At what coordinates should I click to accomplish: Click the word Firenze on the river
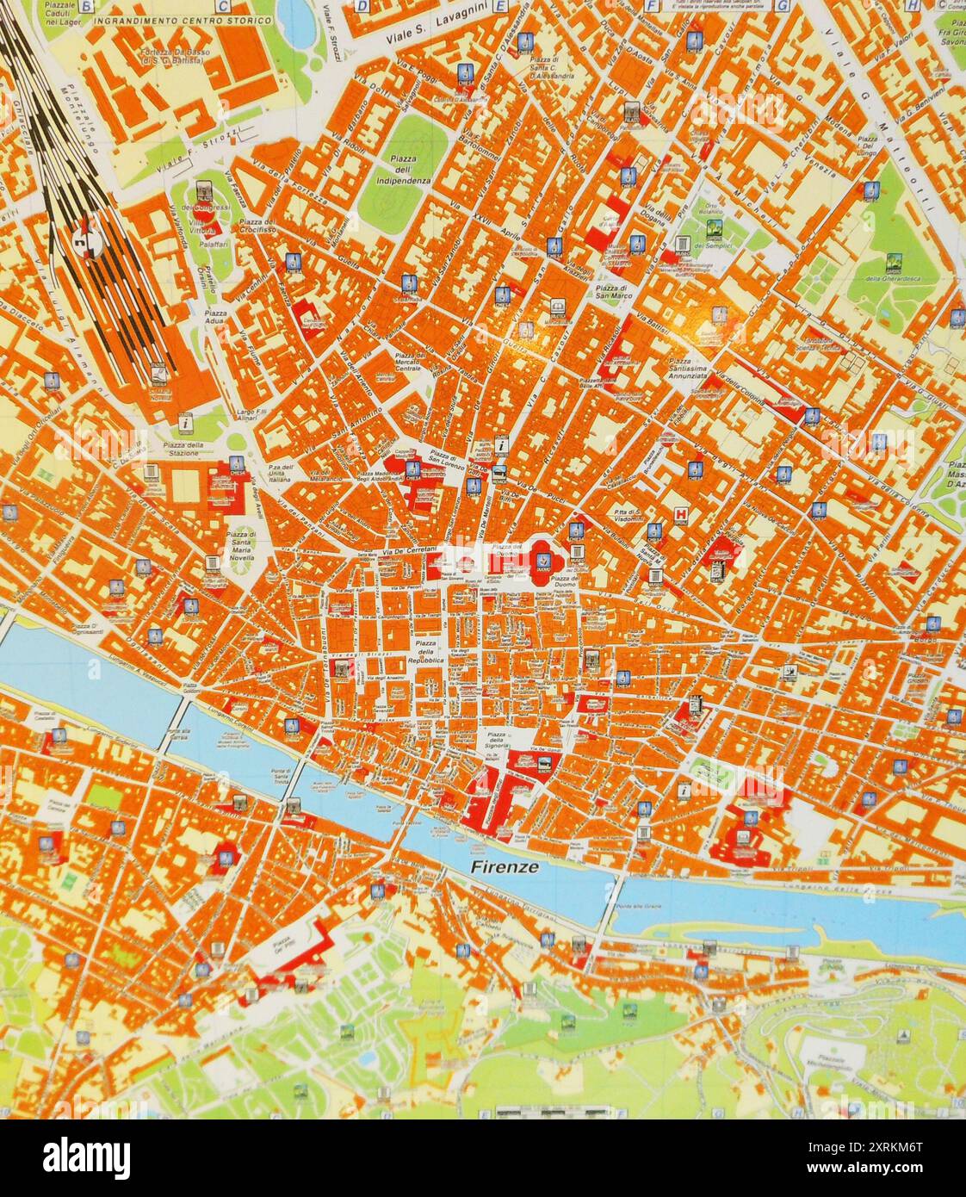coord(506,867)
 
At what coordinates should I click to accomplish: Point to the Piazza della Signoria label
coord(496,739)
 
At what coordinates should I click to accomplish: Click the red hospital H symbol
coord(682,514)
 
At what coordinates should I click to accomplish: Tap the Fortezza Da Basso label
coord(173,56)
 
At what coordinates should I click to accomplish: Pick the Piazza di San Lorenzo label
coord(443,457)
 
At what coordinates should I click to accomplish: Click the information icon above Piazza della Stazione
coord(185,423)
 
